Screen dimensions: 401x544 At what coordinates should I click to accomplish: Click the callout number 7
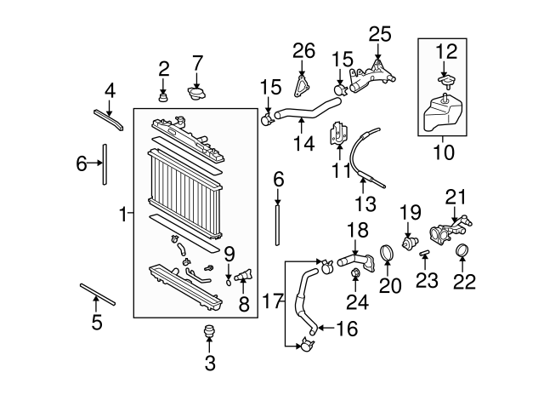click(197, 62)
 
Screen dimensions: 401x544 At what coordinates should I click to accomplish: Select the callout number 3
click(210, 364)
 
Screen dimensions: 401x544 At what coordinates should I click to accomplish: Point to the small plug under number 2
click(164, 95)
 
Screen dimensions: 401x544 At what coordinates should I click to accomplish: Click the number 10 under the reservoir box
click(444, 153)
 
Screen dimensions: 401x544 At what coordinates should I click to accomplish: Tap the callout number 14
click(297, 144)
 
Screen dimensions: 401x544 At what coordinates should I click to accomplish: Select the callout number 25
click(379, 34)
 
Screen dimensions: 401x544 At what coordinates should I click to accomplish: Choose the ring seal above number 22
click(463, 251)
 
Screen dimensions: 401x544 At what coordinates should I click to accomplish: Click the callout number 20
click(389, 285)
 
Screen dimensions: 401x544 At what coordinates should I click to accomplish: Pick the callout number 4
click(109, 89)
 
